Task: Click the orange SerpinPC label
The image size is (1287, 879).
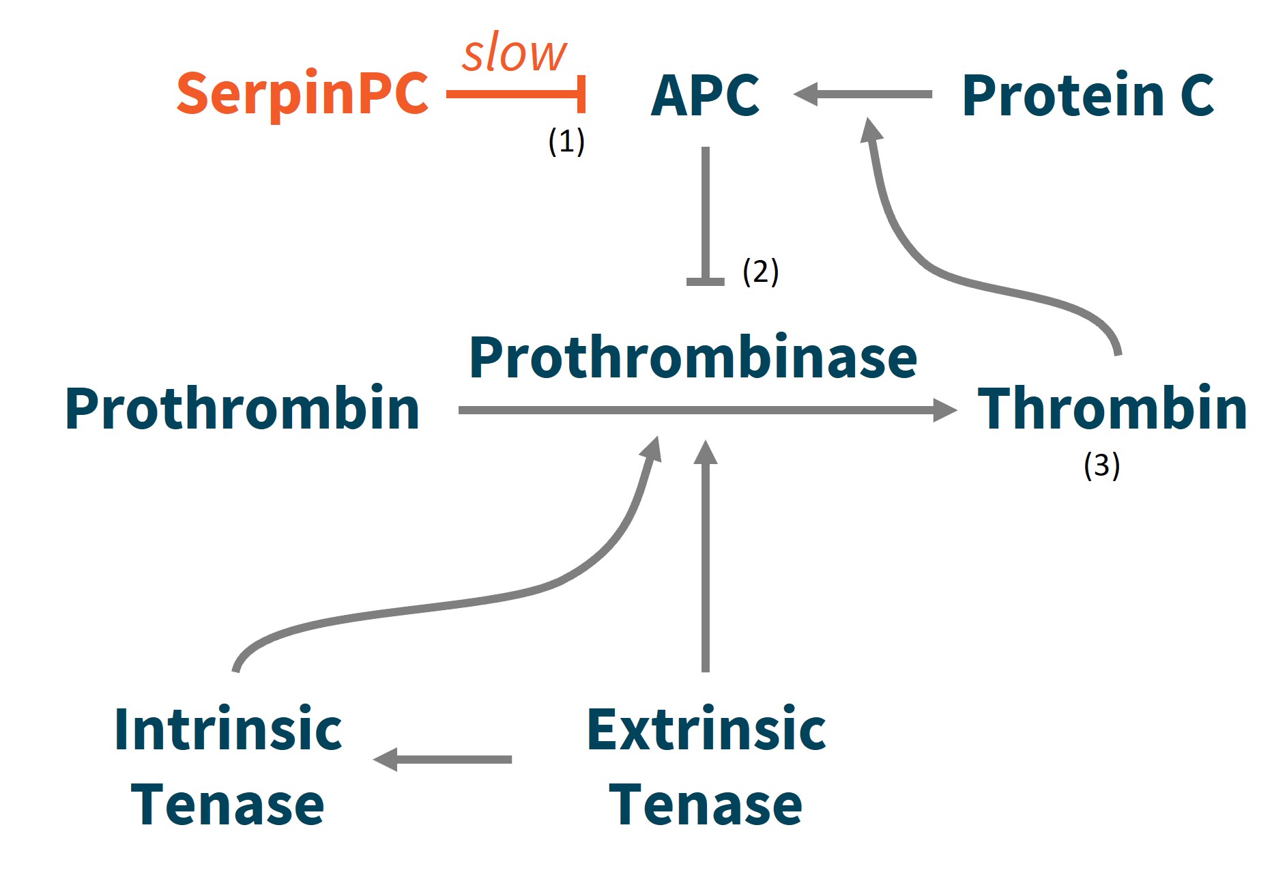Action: coord(302,94)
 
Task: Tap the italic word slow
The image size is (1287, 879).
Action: coord(514,53)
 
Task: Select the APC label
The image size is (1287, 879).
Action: coord(705,96)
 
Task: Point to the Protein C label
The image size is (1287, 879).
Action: coord(1088,96)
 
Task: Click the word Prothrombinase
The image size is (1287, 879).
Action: coord(693,358)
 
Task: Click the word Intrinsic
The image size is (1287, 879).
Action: coord(228,730)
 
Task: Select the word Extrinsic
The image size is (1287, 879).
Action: coord(706,730)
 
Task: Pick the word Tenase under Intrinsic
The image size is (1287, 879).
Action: coord(227,805)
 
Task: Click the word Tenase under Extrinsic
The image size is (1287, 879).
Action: coord(705,805)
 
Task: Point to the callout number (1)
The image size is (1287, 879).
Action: coord(566,141)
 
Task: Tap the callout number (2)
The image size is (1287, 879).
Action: coord(760,272)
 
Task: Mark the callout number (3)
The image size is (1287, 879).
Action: coord(1101,466)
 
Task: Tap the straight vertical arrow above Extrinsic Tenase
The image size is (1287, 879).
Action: coord(706,560)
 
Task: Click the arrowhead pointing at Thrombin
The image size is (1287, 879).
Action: coord(944,410)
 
